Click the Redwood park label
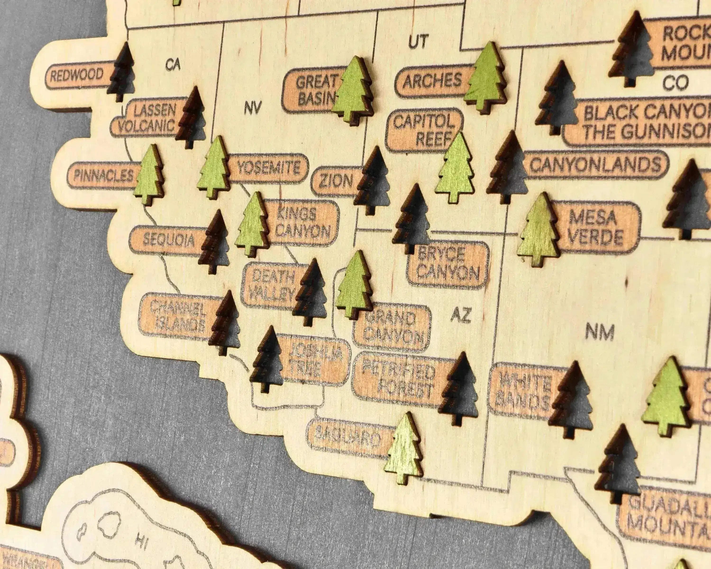77,76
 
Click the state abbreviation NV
253,108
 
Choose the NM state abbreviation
600,332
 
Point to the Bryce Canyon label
447,264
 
